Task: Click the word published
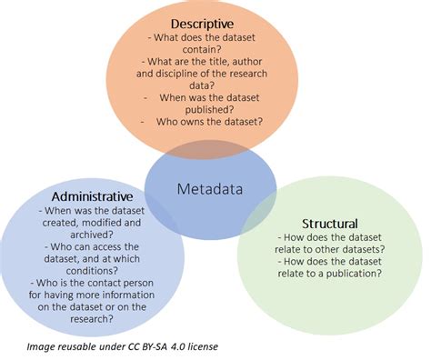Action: (x=214, y=105)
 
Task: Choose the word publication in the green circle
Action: (x=349, y=273)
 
